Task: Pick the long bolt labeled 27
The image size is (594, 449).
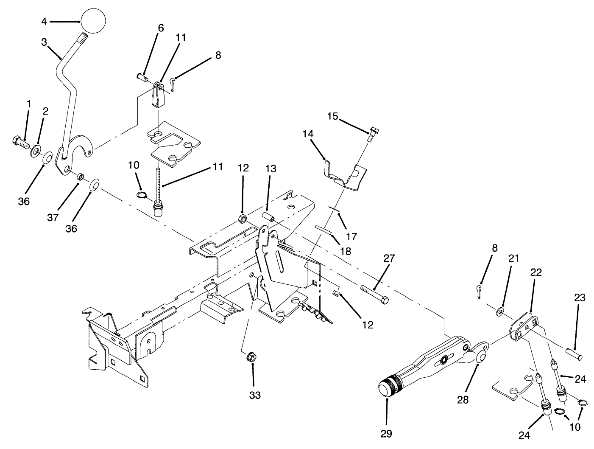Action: (374, 294)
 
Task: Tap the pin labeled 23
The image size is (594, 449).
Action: (574, 353)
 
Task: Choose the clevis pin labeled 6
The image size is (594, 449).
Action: (142, 77)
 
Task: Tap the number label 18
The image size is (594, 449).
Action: (346, 251)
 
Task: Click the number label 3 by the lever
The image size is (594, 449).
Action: (44, 42)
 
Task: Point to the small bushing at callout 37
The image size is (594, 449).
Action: (79, 176)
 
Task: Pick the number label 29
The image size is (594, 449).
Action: (386, 434)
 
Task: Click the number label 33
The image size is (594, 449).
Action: (254, 395)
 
